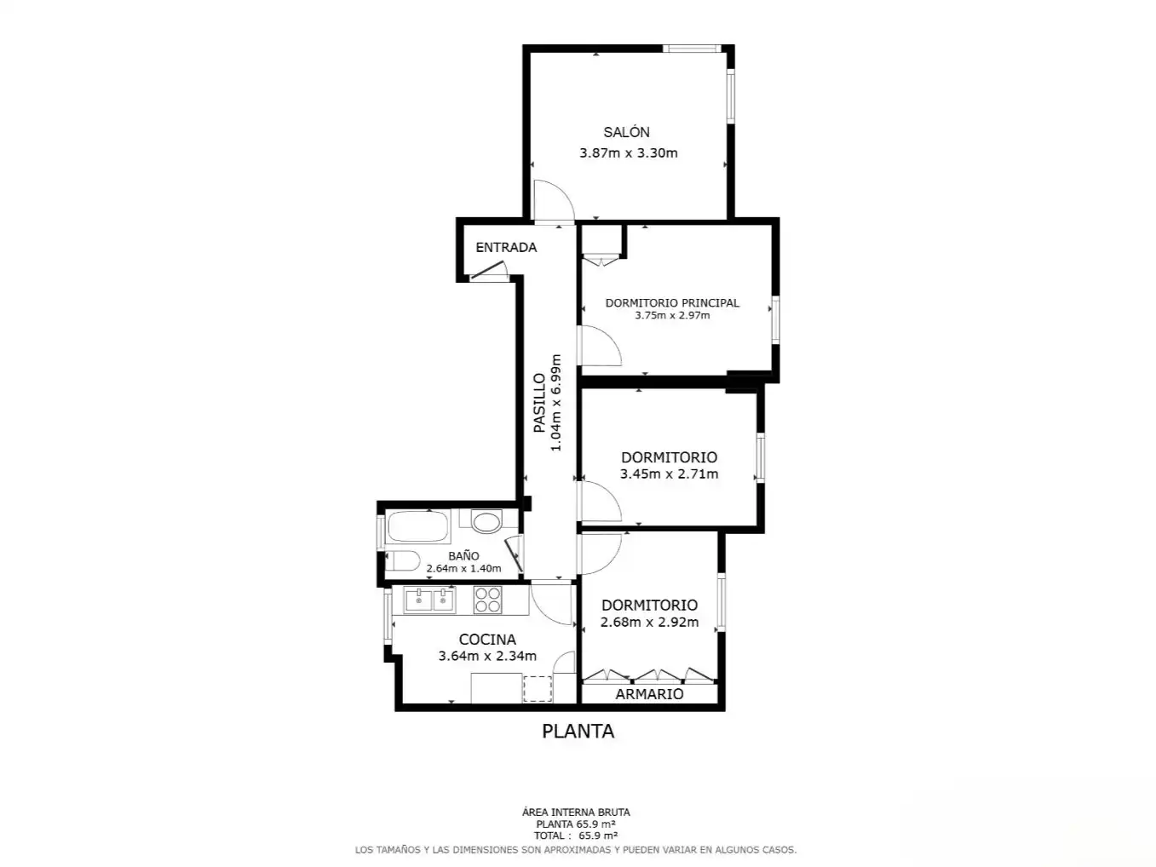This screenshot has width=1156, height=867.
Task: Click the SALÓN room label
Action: [x=626, y=132]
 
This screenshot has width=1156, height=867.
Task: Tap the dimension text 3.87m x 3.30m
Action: [x=629, y=153]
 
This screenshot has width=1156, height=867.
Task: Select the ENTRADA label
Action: [x=506, y=248]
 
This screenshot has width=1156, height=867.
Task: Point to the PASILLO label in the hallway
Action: [x=539, y=403]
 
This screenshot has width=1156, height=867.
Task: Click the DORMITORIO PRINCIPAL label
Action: [x=672, y=302]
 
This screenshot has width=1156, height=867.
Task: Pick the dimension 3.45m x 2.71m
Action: [x=669, y=474]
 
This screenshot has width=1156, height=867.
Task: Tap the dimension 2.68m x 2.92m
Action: [x=649, y=622]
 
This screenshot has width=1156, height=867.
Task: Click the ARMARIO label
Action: [x=649, y=694]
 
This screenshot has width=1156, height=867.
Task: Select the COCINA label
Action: [x=487, y=640]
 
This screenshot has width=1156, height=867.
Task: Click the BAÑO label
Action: [x=463, y=555]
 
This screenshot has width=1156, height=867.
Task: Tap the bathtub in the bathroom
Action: [x=418, y=526]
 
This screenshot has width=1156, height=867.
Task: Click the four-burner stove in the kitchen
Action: [x=487, y=600]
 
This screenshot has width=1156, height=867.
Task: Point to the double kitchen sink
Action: [x=429, y=600]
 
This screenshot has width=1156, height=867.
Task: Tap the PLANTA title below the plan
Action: [x=578, y=732]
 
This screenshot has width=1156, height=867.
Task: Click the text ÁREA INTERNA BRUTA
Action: [x=576, y=812]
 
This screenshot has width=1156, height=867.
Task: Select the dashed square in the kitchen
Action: [x=538, y=688]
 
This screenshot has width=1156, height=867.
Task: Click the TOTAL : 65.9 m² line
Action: [x=576, y=835]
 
